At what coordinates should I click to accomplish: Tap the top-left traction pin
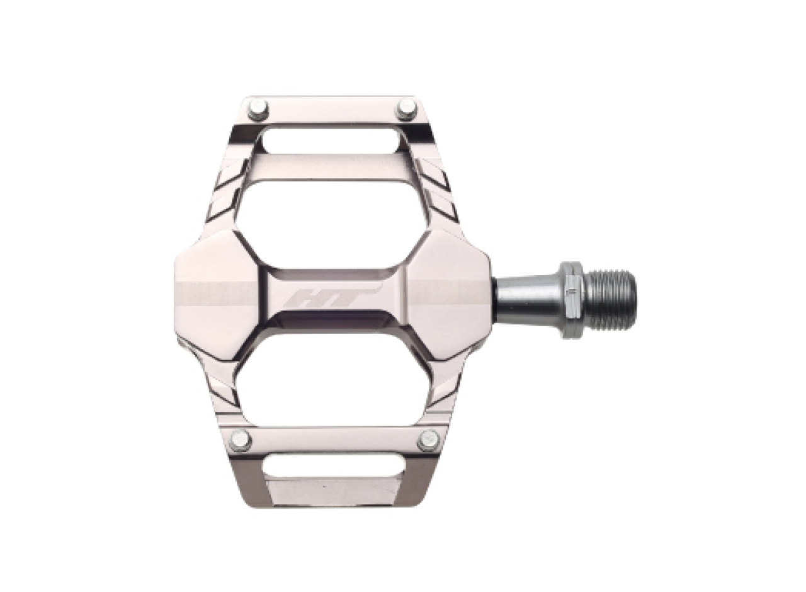tap(258, 109)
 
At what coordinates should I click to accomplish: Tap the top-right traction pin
tap(406, 109)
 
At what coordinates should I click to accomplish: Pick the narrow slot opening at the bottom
tap(331, 467)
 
